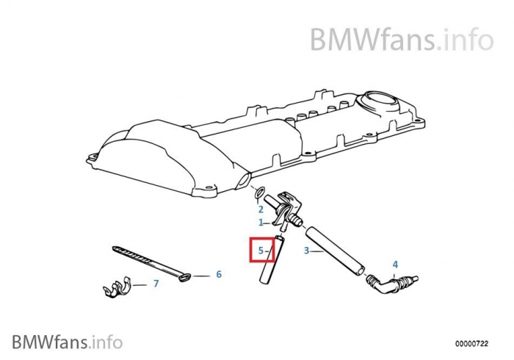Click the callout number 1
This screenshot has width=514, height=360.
click(x=261, y=223)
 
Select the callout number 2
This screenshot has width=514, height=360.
click(x=261, y=209)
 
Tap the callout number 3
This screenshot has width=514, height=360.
click(x=306, y=251)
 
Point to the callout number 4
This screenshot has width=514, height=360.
click(x=395, y=264)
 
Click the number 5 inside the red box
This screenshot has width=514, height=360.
click(x=261, y=251)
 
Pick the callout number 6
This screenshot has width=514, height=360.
click(x=219, y=274)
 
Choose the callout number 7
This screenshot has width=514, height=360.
click(x=156, y=284)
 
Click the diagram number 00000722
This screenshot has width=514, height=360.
click(x=471, y=344)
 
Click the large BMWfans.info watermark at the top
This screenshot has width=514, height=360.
click(x=402, y=40)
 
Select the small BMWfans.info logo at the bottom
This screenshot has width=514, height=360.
click(x=68, y=342)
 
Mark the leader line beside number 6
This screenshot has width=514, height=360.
click(x=200, y=276)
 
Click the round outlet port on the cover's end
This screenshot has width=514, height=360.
click(x=243, y=181)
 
